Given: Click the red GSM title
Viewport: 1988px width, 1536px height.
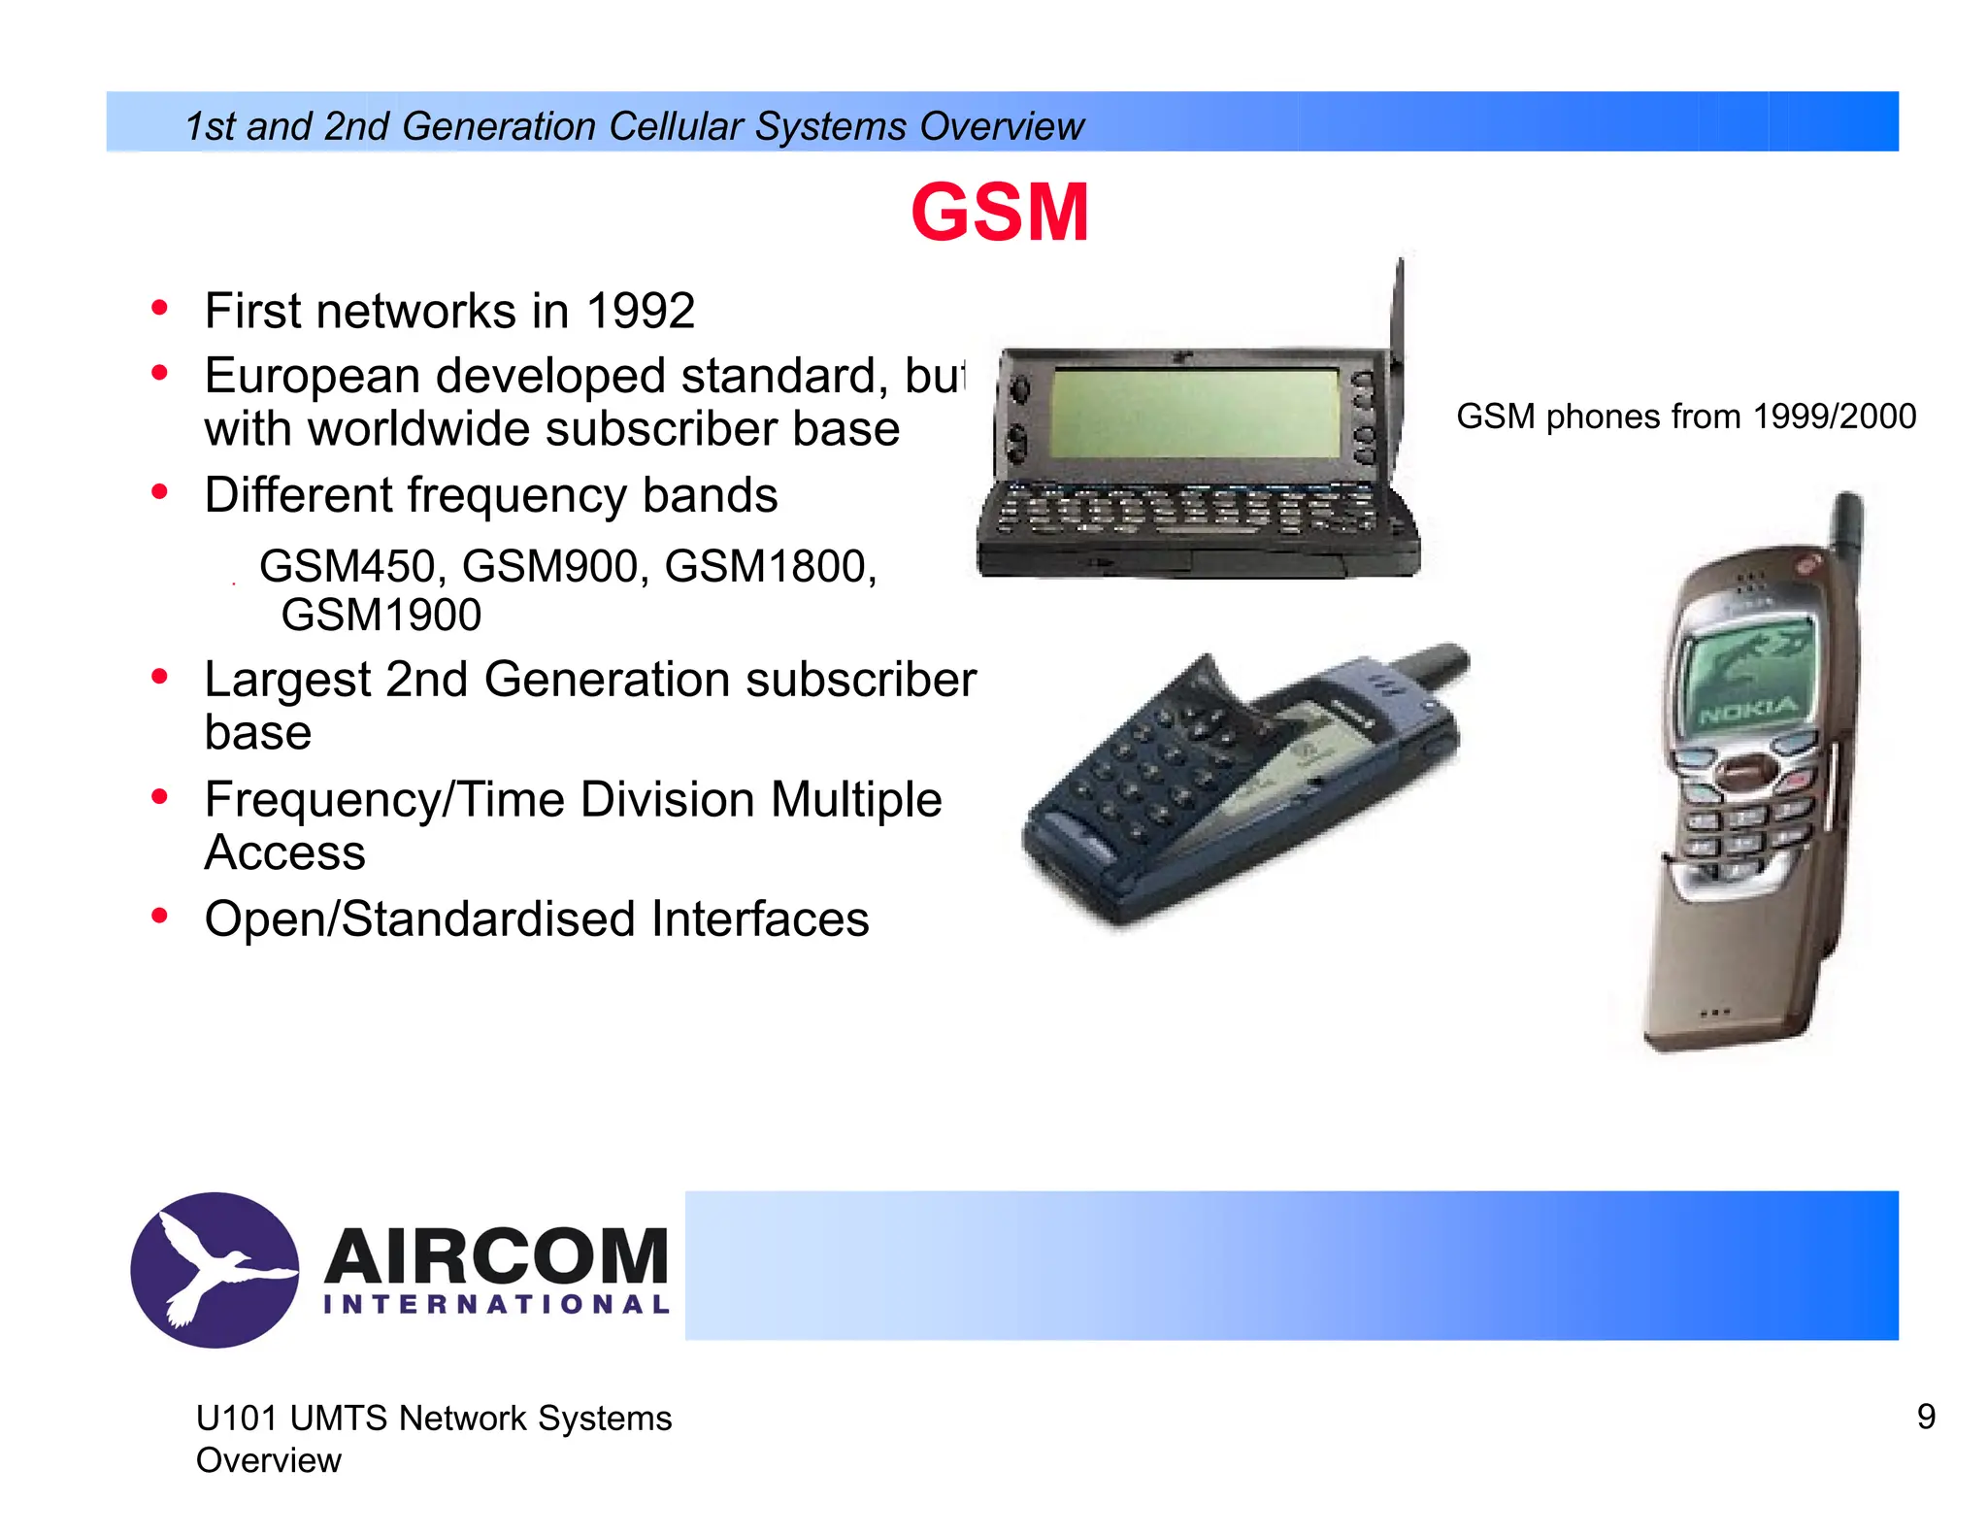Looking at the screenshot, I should coord(999,213).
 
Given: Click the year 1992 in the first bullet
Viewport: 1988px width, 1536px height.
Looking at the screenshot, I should coord(640,312).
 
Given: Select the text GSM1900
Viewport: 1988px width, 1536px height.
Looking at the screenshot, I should coord(381,616).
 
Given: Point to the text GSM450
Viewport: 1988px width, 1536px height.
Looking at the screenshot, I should coord(347,566).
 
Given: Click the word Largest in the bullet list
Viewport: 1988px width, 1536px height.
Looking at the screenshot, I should coord(287,680).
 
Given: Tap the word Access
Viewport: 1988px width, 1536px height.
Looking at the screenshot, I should coord(284,853).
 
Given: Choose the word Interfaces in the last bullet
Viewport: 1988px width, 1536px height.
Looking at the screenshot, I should coord(759,919).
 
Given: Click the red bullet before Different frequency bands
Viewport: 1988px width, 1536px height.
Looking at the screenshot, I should coord(160,492).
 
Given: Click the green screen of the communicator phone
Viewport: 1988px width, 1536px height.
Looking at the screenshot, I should coord(1194,413).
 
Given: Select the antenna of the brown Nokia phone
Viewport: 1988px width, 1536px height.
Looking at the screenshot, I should coord(1847,529).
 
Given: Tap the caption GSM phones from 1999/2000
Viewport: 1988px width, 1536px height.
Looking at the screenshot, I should coord(1685,417).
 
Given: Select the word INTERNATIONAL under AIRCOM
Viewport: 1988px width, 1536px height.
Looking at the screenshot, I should coord(496,1304).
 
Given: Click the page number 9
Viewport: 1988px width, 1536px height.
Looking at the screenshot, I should coord(1926,1417).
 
